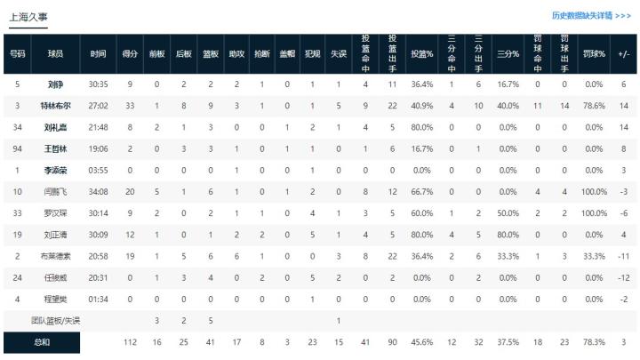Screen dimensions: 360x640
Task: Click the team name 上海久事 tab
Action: (28, 17)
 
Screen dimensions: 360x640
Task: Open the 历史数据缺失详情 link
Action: (591, 15)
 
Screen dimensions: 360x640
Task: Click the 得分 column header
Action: (130, 53)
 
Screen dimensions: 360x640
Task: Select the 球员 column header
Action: (56, 53)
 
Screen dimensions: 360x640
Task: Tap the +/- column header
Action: (623, 53)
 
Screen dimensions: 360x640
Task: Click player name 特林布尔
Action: (56, 106)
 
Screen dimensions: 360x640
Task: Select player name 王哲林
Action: (56, 148)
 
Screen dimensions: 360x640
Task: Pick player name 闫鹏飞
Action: (56, 191)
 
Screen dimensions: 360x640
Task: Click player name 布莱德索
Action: (56, 255)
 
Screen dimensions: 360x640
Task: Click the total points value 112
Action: (130, 341)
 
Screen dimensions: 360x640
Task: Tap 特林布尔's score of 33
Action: (130, 106)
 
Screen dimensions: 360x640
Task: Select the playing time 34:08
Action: (99, 191)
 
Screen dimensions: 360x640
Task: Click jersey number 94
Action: (18, 148)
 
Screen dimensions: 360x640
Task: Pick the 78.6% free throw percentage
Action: (594, 106)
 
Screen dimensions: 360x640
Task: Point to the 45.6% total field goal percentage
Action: (421, 341)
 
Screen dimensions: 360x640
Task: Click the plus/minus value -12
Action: (623, 276)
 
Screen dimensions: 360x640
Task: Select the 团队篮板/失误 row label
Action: (56, 320)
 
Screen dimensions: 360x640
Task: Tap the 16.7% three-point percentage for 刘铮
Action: (508, 84)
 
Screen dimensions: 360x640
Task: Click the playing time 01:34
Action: (99, 298)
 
